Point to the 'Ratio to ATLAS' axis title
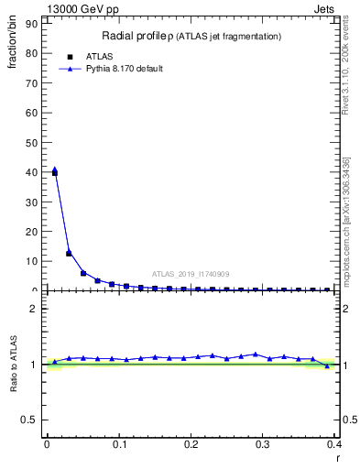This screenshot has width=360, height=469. (x=14, y=365)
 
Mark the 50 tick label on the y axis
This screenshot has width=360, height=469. (x=33, y=142)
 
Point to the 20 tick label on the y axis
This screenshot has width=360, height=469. (x=33, y=231)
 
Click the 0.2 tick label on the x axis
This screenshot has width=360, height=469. (x=191, y=445)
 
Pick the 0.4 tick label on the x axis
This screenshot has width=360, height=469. (x=334, y=445)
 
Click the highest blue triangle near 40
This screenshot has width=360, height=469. (x=55, y=169)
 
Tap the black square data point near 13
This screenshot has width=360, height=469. (x=69, y=253)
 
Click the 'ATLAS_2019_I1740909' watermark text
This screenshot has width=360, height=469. (x=191, y=273)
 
